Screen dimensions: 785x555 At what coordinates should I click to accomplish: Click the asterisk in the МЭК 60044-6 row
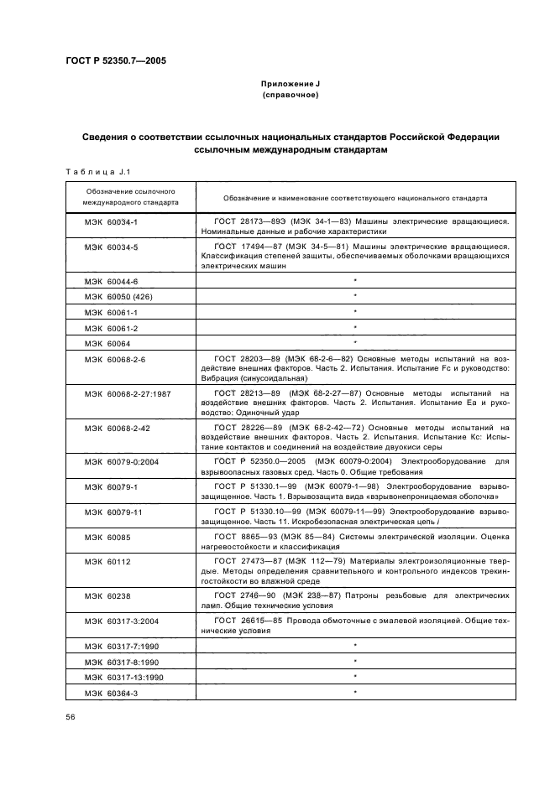point(355,281)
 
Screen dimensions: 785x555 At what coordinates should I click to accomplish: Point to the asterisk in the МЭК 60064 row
point(355,343)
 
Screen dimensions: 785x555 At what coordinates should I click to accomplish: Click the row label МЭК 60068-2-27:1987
point(121,393)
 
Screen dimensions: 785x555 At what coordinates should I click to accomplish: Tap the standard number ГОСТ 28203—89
point(246,359)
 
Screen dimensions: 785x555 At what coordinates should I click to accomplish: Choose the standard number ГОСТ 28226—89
point(246,428)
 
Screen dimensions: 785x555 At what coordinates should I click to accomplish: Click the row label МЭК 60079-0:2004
point(117,462)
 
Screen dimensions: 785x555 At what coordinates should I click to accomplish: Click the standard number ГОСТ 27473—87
point(246,561)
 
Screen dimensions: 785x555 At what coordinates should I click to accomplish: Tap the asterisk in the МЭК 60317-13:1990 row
point(355,676)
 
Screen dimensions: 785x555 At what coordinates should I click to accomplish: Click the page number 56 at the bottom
point(71,717)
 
